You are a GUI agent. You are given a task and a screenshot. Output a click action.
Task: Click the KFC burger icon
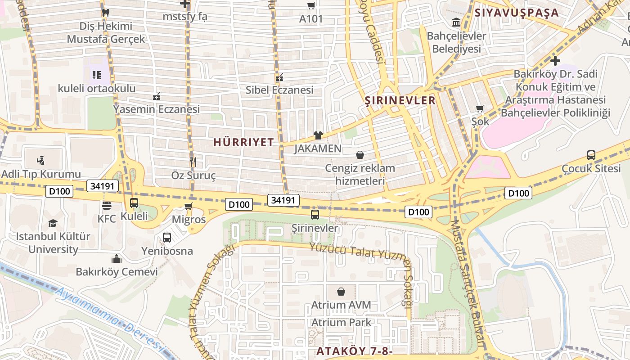(x=107, y=206)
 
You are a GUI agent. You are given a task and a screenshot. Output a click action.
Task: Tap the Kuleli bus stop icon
(x=134, y=202)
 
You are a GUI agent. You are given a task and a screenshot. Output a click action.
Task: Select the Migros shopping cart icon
(x=189, y=206)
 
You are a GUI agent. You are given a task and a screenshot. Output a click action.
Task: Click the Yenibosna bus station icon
(x=167, y=237)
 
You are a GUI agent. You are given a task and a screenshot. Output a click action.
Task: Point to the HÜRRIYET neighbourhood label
(x=243, y=142)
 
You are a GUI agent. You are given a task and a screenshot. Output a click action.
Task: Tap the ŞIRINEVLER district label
(x=400, y=100)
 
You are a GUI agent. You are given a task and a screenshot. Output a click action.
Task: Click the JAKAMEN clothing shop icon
(x=318, y=135)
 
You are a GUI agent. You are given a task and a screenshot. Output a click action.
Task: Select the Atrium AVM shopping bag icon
(x=341, y=292)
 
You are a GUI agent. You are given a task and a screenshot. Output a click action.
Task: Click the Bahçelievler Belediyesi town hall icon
(x=456, y=22)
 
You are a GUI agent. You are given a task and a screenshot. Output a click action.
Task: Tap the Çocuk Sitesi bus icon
(x=591, y=155)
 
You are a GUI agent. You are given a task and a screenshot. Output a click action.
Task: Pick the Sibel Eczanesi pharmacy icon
(x=279, y=77)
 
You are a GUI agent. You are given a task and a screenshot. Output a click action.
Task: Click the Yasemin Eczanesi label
(x=156, y=109)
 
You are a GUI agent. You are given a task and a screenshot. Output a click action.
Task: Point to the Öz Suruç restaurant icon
(x=193, y=162)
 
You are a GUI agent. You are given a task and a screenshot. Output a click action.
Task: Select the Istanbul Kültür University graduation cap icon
(x=53, y=223)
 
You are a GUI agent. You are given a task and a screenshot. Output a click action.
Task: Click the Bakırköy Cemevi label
(x=117, y=272)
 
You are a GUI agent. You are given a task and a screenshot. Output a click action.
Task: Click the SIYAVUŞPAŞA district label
(x=517, y=13)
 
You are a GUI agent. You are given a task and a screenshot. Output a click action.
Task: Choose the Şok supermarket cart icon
(x=480, y=108)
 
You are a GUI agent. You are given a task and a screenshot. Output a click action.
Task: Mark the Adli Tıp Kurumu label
(x=41, y=174)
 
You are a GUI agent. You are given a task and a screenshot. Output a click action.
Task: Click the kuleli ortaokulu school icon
(x=96, y=75)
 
